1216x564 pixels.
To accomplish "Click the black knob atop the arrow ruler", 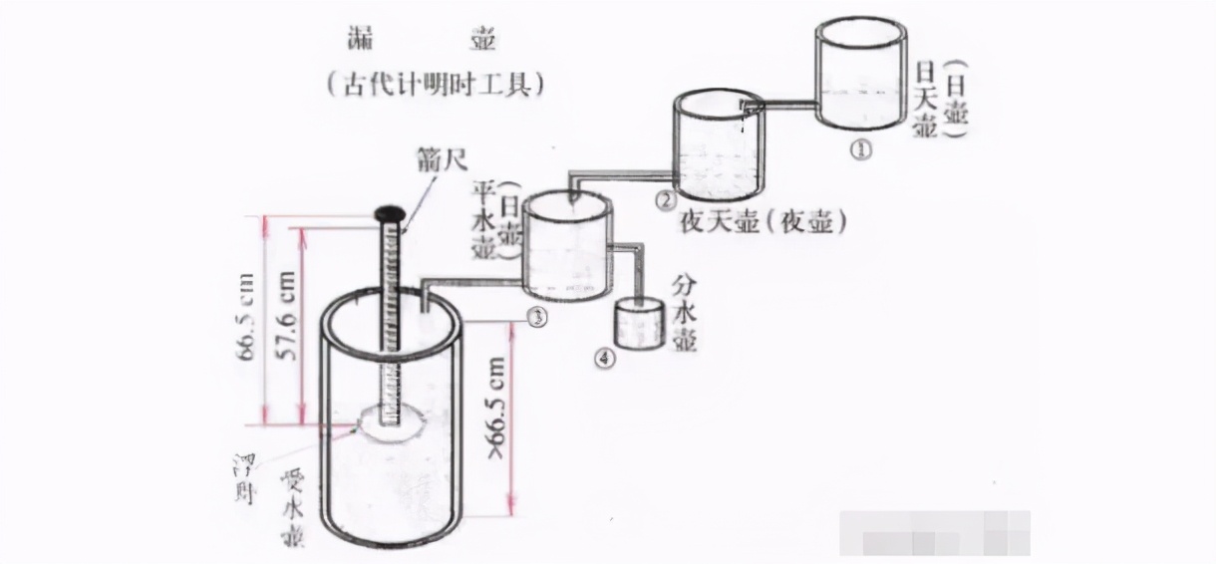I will click(390, 213).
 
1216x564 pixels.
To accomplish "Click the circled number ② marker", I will click(665, 200).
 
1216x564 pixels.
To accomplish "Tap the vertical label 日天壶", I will click(925, 101).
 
